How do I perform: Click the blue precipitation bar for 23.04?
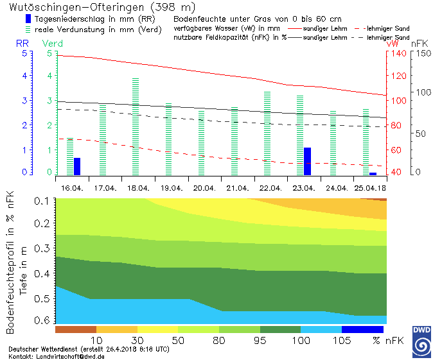(x=307, y=161)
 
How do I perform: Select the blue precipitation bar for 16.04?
(x=77, y=166)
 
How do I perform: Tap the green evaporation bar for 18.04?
(x=136, y=126)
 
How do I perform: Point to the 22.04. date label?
(x=270, y=189)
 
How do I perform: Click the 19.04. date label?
(x=172, y=189)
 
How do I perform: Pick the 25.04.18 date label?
(x=369, y=189)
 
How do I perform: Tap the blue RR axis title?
(x=22, y=43)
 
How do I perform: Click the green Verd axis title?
(x=53, y=43)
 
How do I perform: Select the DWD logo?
(x=421, y=340)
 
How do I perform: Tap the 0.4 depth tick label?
(x=42, y=273)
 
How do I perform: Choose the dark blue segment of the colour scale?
(x=362, y=329)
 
